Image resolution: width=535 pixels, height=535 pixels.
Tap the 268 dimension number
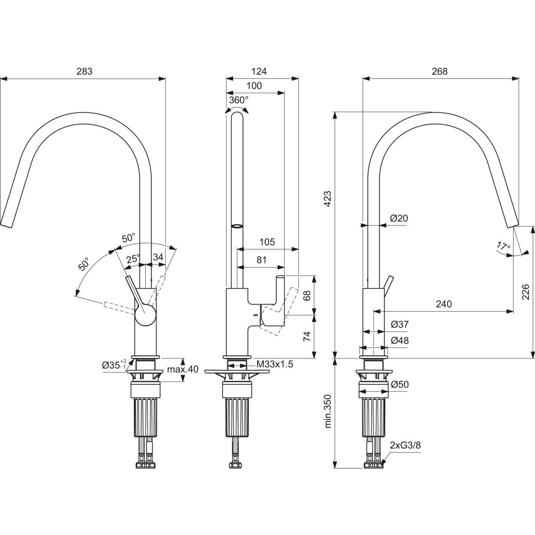pyautogui.click(x=439, y=71)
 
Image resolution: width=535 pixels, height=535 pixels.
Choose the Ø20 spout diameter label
pyautogui.click(x=399, y=218)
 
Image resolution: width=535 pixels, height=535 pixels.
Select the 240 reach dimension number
pyautogui.click(x=444, y=304)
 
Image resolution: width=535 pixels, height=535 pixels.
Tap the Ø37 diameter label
pyautogui.click(x=400, y=325)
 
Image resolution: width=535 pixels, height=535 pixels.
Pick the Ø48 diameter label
pyautogui.click(x=400, y=341)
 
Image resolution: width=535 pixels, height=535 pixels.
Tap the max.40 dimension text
pyautogui.click(x=177, y=370)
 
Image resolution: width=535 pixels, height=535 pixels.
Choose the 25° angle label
pyautogui.click(x=132, y=258)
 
